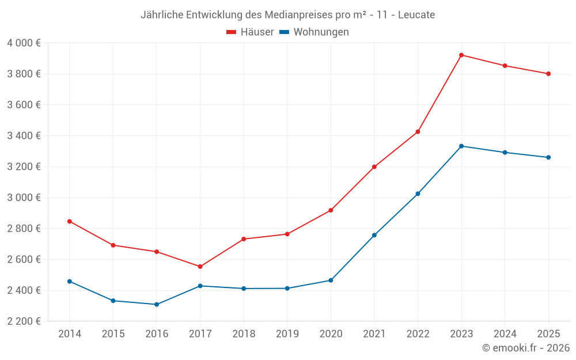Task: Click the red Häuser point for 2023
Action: tap(461, 55)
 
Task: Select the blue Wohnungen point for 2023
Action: tap(461, 146)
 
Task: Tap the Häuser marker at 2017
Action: tap(200, 267)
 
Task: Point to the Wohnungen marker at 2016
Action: tap(157, 304)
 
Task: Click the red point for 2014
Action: tap(70, 221)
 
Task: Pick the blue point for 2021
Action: tap(374, 235)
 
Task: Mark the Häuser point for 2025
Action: tap(548, 74)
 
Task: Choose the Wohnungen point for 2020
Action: tap(331, 281)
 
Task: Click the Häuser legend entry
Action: tap(250, 32)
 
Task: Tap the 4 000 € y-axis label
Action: tap(24, 43)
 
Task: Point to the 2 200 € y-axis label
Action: tap(24, 321)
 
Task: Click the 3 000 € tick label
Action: tap(24, 198)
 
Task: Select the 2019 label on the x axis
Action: tap(287, 334)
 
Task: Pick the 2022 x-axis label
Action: tap(418, 334)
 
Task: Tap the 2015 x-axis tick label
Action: tap(113, 334)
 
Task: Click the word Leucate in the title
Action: tap(416, 14)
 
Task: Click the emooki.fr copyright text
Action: tap(526, 348)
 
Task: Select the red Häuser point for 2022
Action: tap(418, 132)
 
